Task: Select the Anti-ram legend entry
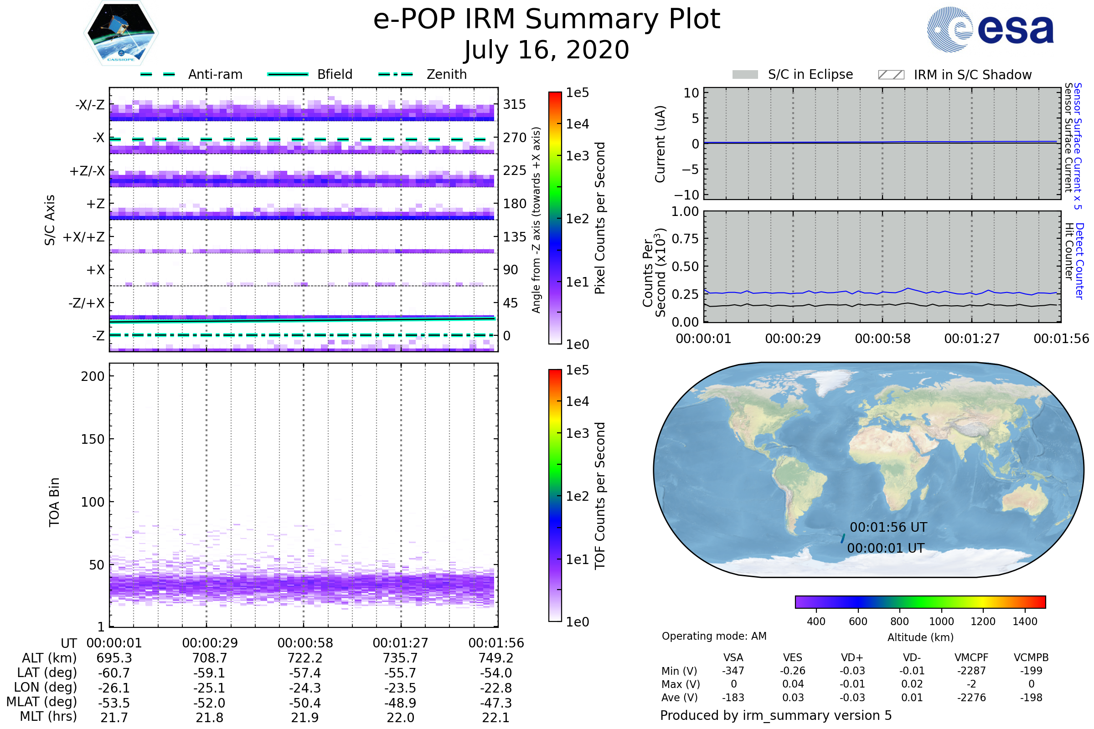click(215, 74)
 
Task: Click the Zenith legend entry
click(447, 74)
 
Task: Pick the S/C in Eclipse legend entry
click(810, 74)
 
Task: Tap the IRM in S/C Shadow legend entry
click(972, 75)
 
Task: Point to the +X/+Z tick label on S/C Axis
click(84, 237)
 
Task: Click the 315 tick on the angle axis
click(515, 104)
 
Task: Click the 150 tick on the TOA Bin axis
click(93, 439)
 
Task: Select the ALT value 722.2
click(305, 658)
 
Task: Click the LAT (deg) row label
click(47, 673)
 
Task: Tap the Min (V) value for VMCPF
click(971, 671)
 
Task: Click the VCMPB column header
click(1031, 658)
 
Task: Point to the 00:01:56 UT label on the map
click(888, 527)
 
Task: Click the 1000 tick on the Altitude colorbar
click(941, 621)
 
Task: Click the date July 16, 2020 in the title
click(547, 50)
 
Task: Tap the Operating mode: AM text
click(714, 636)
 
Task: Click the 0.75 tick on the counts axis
click(685, 239)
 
